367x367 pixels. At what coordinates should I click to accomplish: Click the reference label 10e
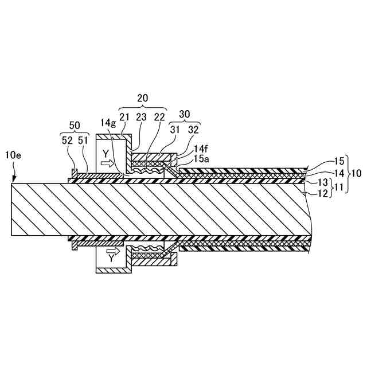13,155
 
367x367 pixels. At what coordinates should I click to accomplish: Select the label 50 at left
75,125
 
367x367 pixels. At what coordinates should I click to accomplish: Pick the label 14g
107,123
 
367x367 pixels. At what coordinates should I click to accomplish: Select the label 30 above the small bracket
183,114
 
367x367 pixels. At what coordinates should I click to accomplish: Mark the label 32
192,130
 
